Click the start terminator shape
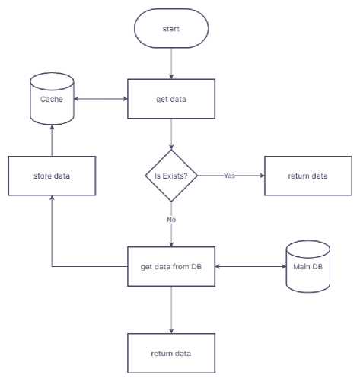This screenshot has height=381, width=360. [x=171, y=28]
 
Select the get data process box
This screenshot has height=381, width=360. [x=171, y=99]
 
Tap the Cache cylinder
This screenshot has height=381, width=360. [x=52, y=99]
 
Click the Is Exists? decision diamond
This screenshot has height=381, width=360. [x=171, y=176]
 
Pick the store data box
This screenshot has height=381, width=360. [x=52, y=176]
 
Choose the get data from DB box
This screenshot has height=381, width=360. [x=171, y=266]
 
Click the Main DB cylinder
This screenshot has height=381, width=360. [x=308, y=266]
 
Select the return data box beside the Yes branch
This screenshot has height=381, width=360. [x=308, y=176]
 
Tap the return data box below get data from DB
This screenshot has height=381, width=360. [x=171, y=353]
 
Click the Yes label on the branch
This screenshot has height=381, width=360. [x=229, y=176]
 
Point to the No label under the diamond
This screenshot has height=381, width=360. [x=171, y=220]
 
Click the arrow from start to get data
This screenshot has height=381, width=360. [x=171, y=63]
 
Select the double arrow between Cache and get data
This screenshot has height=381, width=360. [x=100, y=99]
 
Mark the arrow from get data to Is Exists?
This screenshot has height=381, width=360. [x=171, y=134]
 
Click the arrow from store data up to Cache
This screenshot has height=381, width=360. [x=52, y=141]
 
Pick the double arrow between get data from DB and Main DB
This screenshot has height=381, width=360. [x=250, y=266]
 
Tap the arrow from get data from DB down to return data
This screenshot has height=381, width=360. [x=171, y=310]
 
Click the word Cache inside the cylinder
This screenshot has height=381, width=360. [x=52, y=99]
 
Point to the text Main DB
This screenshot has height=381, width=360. [x=308, y=266]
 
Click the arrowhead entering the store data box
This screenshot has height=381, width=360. [x=52, y=197]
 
